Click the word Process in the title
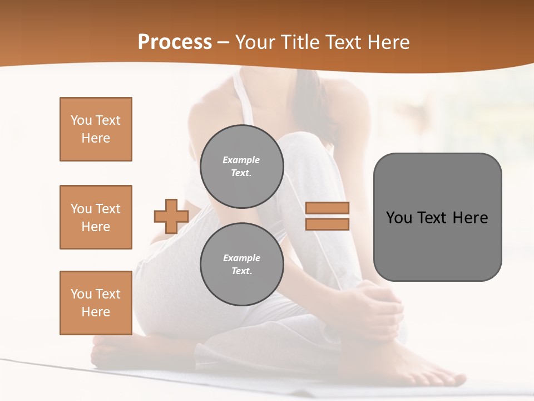(x=175, y=42)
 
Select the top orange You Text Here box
(x=96, y=129)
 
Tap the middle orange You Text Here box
(x=96, y=217)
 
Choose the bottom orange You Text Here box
(x=96, y=303)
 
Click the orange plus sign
(x=171, y=217)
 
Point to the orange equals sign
(x=328, y=216)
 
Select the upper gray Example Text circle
(x=241, y=167)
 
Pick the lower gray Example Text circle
(x=241, y=265)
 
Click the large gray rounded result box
(x=437, y=217)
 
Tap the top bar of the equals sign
(x=328, y=208)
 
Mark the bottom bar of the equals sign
(x=328, y=224)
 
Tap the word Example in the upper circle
(x=241, y=160)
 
